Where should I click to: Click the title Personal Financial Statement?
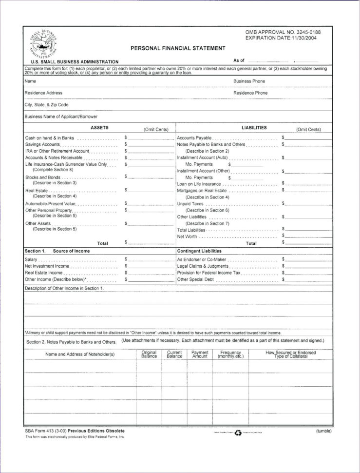pos(177,48)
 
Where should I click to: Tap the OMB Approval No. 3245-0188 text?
pos(283,32)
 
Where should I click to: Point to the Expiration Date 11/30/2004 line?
pos(281,38)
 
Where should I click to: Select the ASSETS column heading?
pos(99,128)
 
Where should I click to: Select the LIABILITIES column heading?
pos(254,128)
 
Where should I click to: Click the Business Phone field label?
pos(249,81)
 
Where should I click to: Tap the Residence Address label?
pos(43,93)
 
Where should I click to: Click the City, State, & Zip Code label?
pos(46,104)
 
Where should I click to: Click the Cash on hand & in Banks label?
pos(50,138)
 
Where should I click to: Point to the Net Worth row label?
pos(187,236)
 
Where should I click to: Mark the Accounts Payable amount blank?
pos(308,138)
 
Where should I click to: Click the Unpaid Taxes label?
pos(190,203)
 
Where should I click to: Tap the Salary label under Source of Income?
pos(31,259)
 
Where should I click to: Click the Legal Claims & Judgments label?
pos(203,266)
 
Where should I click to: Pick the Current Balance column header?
pos(174,354)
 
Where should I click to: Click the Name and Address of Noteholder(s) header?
pos(80,354)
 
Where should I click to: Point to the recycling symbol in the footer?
pos(238,432)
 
